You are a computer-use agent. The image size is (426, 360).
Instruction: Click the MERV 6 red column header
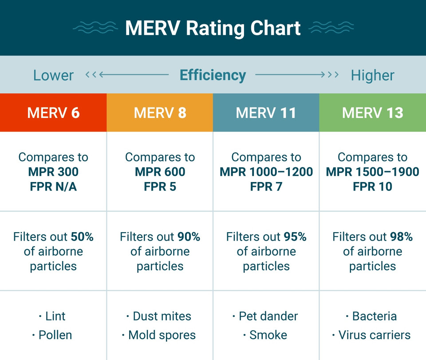pyautogui.click(x=53, y=113)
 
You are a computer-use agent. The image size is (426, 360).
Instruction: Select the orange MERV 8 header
pyautogui.click(x=160, y=113)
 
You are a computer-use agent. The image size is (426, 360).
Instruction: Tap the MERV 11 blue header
pyautogui.click(x=266, y=113)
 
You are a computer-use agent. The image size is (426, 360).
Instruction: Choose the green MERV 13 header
pyautogui.click(x=372, y=113)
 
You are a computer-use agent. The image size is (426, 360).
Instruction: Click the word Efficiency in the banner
pyautogui.click(x=213, y=75)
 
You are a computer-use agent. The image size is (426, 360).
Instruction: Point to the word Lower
pyautogui.click(x=53, y=75)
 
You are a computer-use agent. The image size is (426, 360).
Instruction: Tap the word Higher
pyautogui.click(x=372, y=75)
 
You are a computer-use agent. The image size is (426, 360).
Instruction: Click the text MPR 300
pyautogui.click(x=53, y=172)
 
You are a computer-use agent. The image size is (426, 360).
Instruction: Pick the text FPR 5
pyautogui.click(x=160, y=186)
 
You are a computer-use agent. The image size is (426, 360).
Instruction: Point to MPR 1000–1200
pyautogui.click(x=266, y=172)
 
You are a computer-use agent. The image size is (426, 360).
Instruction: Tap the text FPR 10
pyautogui.click(x=372, y=186)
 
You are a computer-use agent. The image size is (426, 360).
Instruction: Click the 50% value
pyautogui.click(x=82, y=237)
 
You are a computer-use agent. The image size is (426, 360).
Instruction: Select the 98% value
pyautogui.click(x=401, y=237)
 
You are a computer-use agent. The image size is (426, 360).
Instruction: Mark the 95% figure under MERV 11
pyautogui.click(x=295, y=237)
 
